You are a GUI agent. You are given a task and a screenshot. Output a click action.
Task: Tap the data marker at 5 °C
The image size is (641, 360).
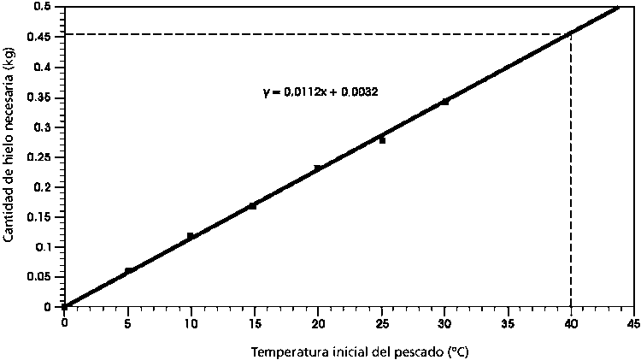(x=128, y=271)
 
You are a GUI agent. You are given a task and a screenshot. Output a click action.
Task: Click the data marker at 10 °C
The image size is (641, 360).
(x=191, y=236)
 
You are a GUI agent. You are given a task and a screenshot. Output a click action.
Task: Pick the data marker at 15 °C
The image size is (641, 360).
(x=252, y=206)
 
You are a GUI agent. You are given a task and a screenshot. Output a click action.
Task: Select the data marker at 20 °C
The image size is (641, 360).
(x=318, y=168)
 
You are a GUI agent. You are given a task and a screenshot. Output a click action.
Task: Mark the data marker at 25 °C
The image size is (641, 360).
(x=382, y=140)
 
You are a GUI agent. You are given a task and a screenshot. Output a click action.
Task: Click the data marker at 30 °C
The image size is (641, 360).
(x=444, y=102)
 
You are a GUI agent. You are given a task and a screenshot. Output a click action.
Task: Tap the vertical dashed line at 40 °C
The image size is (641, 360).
(x=571, y=171)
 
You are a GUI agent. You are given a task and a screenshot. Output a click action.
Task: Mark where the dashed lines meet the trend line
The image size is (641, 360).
(x=571, y=34)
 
